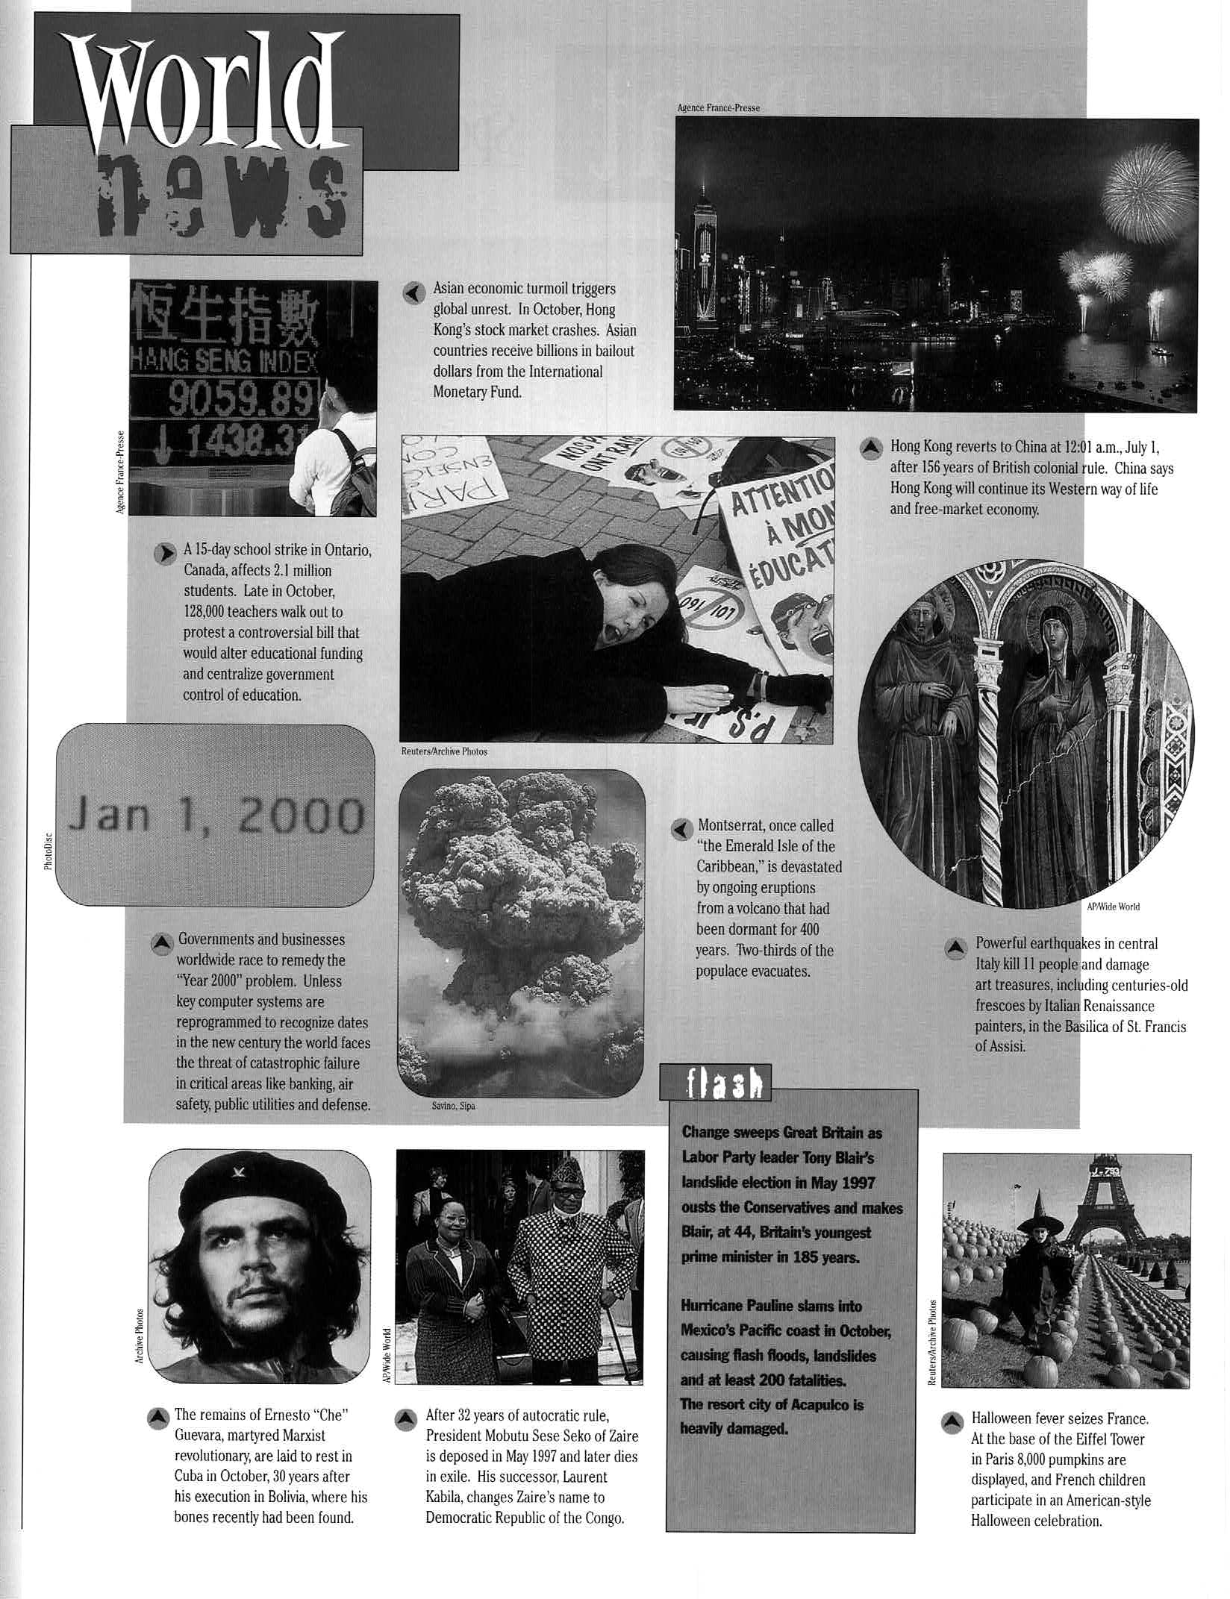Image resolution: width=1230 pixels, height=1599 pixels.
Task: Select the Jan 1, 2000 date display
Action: click(x=216, y=816)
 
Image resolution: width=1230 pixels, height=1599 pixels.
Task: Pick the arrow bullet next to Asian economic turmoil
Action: click(x=413, y=292)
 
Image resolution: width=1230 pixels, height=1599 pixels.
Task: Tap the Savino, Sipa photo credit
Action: click(x=453, y=1106)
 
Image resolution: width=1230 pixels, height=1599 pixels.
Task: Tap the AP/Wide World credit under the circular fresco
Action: click(x=1112, y=907)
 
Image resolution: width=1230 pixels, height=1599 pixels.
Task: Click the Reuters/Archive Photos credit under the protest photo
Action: click(x=444, y=751)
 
